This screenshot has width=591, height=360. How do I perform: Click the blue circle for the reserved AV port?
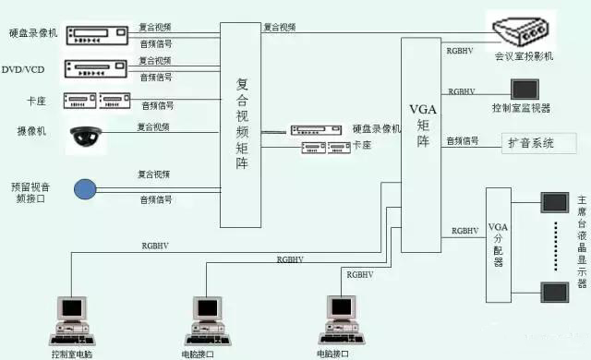85,190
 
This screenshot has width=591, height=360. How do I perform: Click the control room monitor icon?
526,90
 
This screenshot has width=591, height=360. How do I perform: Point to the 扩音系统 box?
539,143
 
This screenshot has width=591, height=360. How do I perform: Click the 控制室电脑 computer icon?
72,318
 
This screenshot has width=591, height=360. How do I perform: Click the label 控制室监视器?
523,108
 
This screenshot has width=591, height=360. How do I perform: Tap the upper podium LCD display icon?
556,202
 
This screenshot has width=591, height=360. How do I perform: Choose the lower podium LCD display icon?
555,293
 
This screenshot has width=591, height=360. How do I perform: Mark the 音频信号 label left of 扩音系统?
463,141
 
